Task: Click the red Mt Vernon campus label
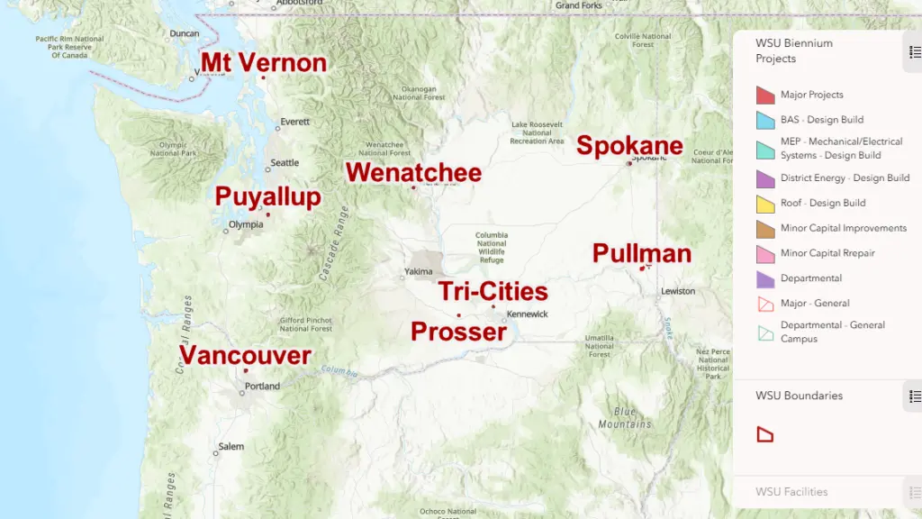pos(263,63)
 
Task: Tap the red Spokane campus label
pos(629,145)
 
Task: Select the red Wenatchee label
pos(413,172)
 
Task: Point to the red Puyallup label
pos(267,197)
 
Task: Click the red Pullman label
pos(641,253)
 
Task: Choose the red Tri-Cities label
pos(493,291)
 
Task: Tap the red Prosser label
pos(458,332)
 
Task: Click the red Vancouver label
pos(246,355)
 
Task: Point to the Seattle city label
pos(285,163)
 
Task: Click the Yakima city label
pos(419,271)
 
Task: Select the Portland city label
pos(262,387)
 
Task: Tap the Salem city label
pos(230,446)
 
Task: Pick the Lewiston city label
pos(678,291)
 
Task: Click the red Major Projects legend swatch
pos(765,95)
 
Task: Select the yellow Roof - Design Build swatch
pos(765,204)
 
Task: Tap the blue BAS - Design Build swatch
pos(765,120)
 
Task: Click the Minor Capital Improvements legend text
pos(844,228)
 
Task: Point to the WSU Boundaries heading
pos(799,396)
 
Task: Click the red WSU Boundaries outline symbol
pos(764,435)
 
